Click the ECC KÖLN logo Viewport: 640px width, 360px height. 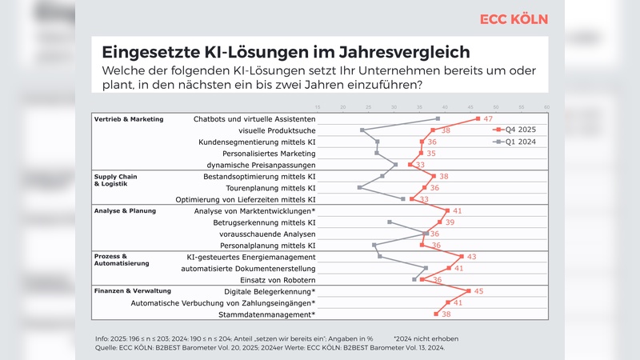pyautogui.click(x=515, y=19)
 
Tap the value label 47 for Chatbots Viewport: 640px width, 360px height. pyautogui.click(x=487, y=118)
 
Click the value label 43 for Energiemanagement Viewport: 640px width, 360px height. pyautogui.click(x=471, y=257)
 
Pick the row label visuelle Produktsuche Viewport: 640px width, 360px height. pyautogui.click(x=278, y=130)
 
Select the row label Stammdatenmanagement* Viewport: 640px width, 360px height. pyautogui.click(x=270, y=314)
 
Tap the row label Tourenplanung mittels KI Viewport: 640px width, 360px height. pyautogui.click(x=273, y=188)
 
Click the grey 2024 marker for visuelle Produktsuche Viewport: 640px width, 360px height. pyautogui.click(x=362, y=130)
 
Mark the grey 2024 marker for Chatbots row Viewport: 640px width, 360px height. pyautogui.click(x=438, y=119)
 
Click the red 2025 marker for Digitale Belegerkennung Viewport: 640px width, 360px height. pyautogui.click(x=468, y=291)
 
